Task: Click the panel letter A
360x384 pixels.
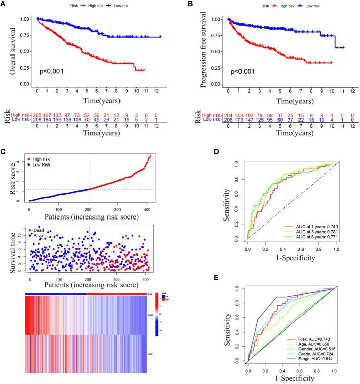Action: [x=4, y=5]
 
